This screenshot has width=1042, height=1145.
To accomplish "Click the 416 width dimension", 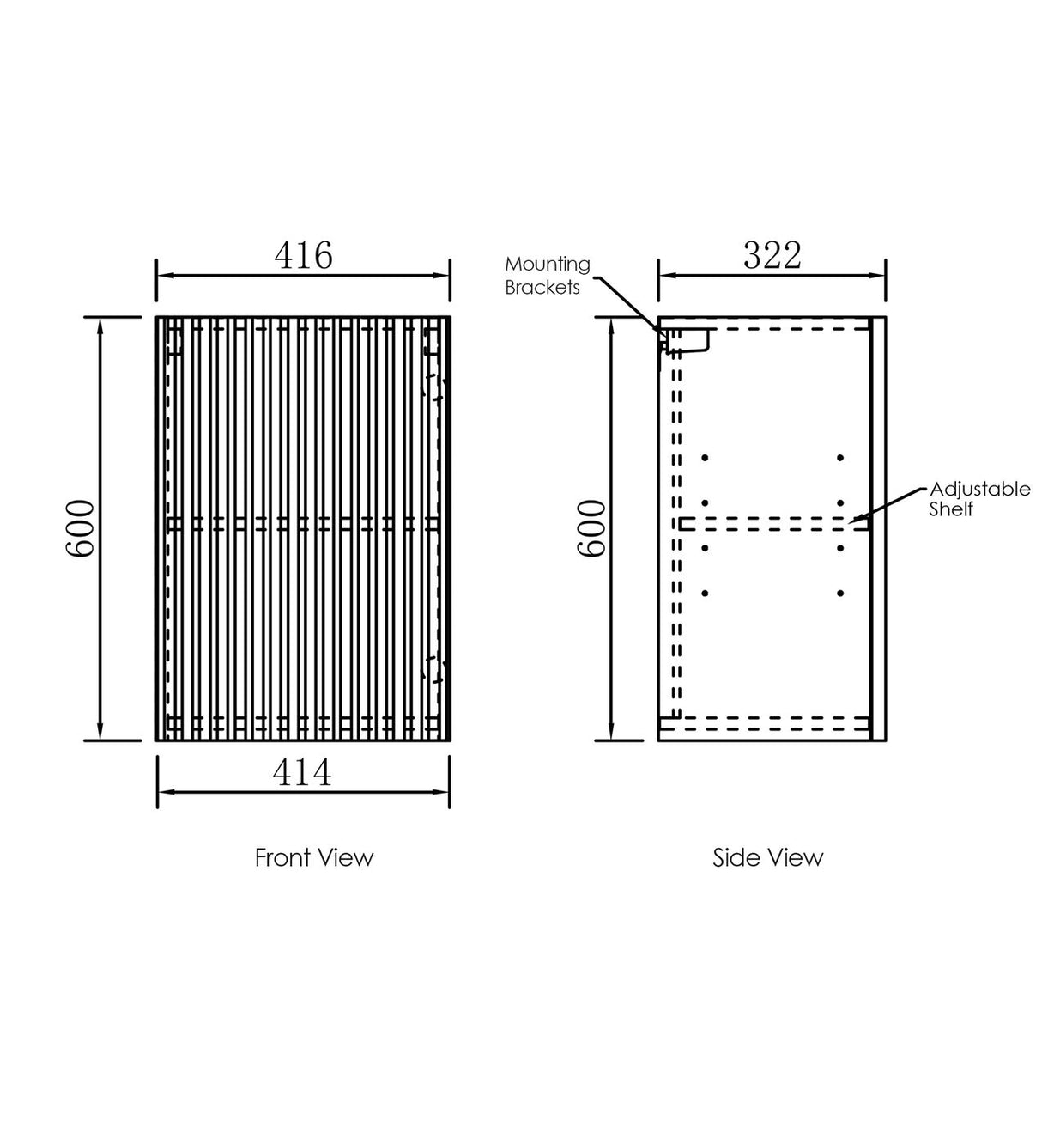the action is point(303,255).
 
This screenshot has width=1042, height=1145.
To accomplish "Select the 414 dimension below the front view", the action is point(302,772).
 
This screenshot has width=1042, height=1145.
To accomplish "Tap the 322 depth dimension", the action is point(772,255).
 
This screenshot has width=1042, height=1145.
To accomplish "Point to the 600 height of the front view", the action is point(80,528).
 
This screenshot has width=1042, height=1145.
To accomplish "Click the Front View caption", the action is point(314,857).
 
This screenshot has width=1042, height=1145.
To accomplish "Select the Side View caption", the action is point(768,857).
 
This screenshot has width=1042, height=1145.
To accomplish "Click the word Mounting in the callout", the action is point(548,265).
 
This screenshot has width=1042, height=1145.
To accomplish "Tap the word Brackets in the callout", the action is point(542,287).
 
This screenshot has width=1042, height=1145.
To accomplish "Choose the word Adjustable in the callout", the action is point(980,489).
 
